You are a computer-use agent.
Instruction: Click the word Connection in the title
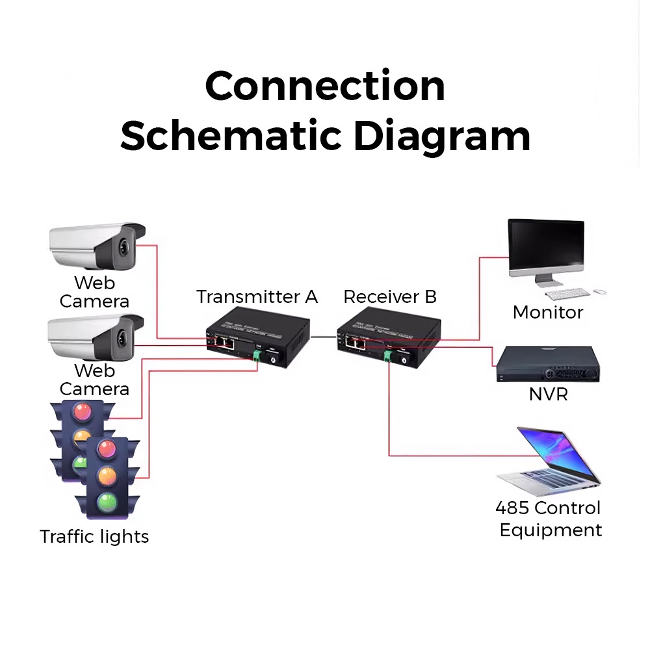point(325,86)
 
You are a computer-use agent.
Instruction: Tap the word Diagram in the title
point(442,136)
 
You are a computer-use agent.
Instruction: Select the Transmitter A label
point(257,297)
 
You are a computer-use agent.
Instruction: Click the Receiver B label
point(390,297)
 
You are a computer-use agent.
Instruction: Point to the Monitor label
point(547,313)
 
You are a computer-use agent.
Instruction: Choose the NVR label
point(548,394)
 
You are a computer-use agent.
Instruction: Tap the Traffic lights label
point(94,537)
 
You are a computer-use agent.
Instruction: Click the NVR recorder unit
point(547,365)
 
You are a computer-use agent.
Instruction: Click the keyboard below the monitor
point(567,294)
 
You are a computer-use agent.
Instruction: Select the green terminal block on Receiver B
point(388,355)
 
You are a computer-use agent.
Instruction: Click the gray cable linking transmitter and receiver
point(323,336)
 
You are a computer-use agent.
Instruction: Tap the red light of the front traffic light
point(107,449)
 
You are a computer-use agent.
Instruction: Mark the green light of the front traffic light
point(107,502)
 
